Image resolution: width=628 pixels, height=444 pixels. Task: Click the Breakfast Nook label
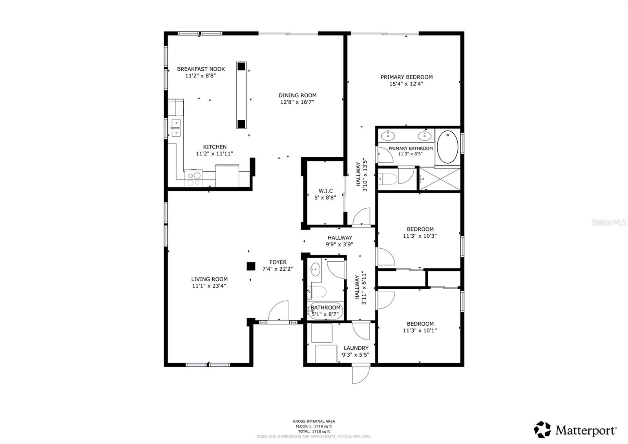201,69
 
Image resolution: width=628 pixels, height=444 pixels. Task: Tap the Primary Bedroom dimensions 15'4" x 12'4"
406,84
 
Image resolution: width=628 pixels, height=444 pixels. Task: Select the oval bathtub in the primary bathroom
447,147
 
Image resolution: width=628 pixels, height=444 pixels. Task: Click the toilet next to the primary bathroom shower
388,179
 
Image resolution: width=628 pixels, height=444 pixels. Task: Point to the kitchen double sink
176,128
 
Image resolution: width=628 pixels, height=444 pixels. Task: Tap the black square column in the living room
251,266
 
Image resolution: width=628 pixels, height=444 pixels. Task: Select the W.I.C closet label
325,191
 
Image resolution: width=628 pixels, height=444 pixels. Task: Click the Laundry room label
356,348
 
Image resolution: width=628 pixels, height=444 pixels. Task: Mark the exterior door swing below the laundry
361,374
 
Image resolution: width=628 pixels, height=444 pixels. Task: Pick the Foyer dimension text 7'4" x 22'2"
277,269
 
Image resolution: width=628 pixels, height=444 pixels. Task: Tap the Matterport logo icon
542,429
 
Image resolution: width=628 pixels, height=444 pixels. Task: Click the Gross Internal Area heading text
314,421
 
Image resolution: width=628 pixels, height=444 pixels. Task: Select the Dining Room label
297,95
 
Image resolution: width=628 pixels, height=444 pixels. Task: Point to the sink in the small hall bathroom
314,270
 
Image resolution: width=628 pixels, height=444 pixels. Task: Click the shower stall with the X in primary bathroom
440,179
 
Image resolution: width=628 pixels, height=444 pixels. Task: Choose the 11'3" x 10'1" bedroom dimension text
420,330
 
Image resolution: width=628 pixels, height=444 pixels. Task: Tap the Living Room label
209,279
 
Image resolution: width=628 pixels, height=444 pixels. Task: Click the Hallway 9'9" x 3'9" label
340,238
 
